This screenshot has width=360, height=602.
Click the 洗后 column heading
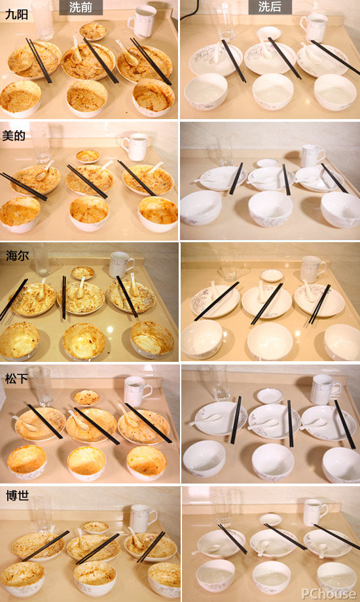point(270,7)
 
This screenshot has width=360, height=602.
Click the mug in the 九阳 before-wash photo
point(143,21)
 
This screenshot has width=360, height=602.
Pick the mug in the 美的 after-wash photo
point(313,156)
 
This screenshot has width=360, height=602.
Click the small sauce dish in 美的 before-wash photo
point(88,156)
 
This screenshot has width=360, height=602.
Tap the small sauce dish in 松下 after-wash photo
point(270,396)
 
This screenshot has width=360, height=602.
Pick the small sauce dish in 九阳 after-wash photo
point(268,33)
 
